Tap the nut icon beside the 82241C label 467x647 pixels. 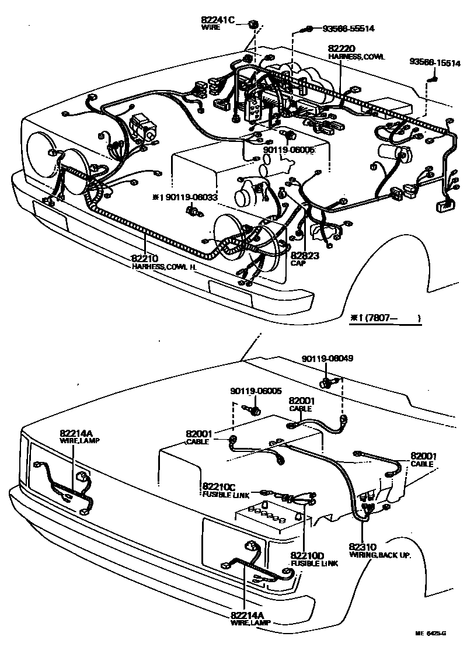[x=253, y=24]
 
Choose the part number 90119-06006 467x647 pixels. [x=289, y=149]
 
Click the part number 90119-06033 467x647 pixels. [x=190, y=197]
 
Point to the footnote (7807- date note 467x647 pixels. [x=385, y=318]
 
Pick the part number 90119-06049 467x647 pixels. [x=327, y=358]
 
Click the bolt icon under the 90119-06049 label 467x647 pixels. [x=328, y=384]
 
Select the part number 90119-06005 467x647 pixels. [x=255, y=391]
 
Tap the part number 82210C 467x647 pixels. [x=219, y=486]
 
